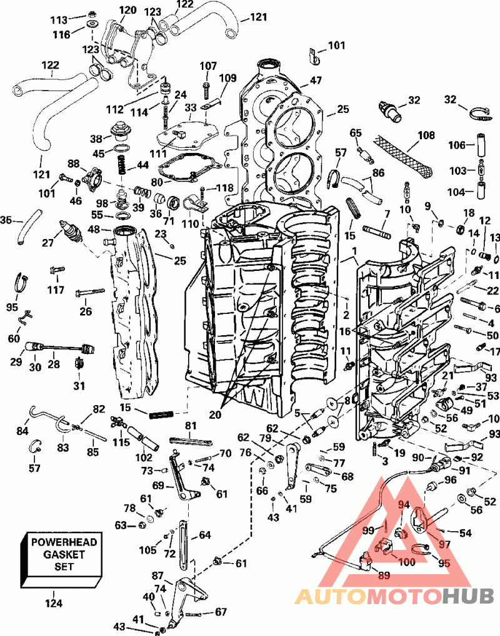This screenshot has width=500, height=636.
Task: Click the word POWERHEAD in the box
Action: point(64,542)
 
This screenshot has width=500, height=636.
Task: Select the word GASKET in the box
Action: point(64,554)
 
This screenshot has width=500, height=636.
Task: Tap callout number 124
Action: point(54,604)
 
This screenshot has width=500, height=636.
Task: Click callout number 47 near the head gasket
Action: point(316,81)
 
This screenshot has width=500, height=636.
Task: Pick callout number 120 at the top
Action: point(127,10)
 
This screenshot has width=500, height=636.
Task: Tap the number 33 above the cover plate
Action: point(190,108)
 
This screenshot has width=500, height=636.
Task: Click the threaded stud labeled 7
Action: point(376,232)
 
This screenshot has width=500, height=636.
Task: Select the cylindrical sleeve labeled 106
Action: point(481,145)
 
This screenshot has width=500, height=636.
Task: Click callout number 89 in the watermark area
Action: point(383,575)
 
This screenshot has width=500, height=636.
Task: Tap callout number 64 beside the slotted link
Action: point(205,535)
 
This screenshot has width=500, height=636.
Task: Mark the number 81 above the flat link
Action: point(191,426)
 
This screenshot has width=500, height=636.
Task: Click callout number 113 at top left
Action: point(59,20)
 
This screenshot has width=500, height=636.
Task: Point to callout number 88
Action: point(74,164)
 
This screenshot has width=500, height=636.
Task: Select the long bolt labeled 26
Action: point(90,292)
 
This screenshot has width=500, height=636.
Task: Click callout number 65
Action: point(356,133)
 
